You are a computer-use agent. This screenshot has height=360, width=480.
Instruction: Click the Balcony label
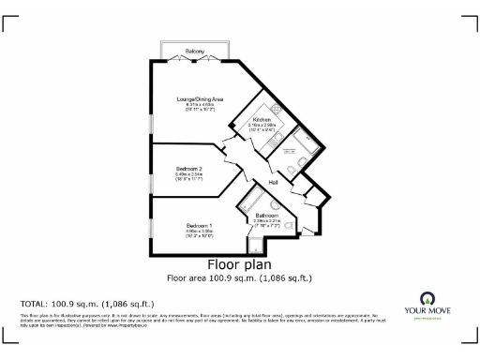195,50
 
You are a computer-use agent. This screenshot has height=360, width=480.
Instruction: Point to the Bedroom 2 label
188,168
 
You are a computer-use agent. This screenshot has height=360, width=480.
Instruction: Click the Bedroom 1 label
199,226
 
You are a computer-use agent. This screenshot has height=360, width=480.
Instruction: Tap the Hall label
274,182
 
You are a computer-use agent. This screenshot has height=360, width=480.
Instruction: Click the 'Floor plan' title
239,264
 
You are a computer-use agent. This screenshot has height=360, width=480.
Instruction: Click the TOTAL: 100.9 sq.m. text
87,304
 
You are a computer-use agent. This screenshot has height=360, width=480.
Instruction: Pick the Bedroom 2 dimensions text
188,177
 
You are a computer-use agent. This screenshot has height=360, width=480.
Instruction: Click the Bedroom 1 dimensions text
199,234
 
